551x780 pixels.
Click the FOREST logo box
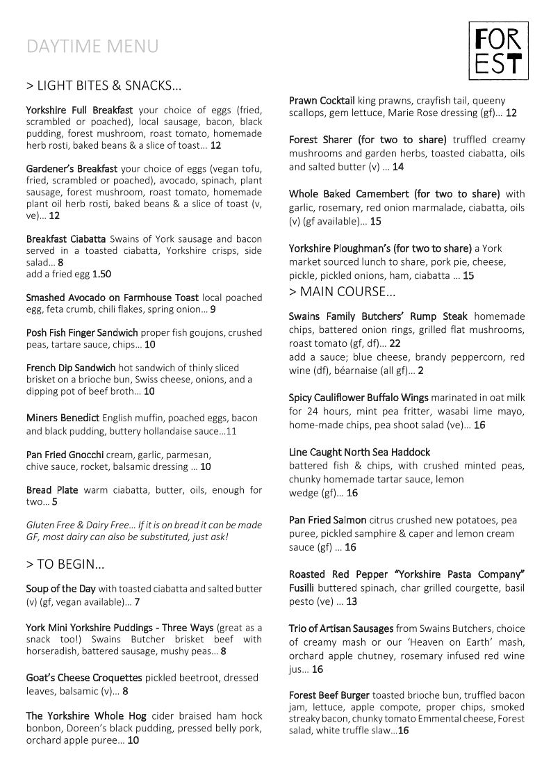[498, 49]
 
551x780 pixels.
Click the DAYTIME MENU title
[92, 47]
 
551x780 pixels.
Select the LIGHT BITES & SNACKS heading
[104, 86]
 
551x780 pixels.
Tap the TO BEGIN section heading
[65, 564]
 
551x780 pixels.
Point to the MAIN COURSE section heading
[342, 291]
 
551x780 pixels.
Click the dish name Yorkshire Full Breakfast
[80, 110]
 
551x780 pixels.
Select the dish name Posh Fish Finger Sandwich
[82, 332]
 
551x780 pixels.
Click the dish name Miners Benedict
[63, 418]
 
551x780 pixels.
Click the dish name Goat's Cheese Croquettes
[84, 677]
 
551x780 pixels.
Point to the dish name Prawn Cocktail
[322, 100]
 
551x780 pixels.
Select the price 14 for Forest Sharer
[397, 167]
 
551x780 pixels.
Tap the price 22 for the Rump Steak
[395, 343]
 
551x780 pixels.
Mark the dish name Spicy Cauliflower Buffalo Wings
[359, 398]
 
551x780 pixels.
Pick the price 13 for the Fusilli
[352, 601]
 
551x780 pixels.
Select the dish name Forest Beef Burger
[329, 695]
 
